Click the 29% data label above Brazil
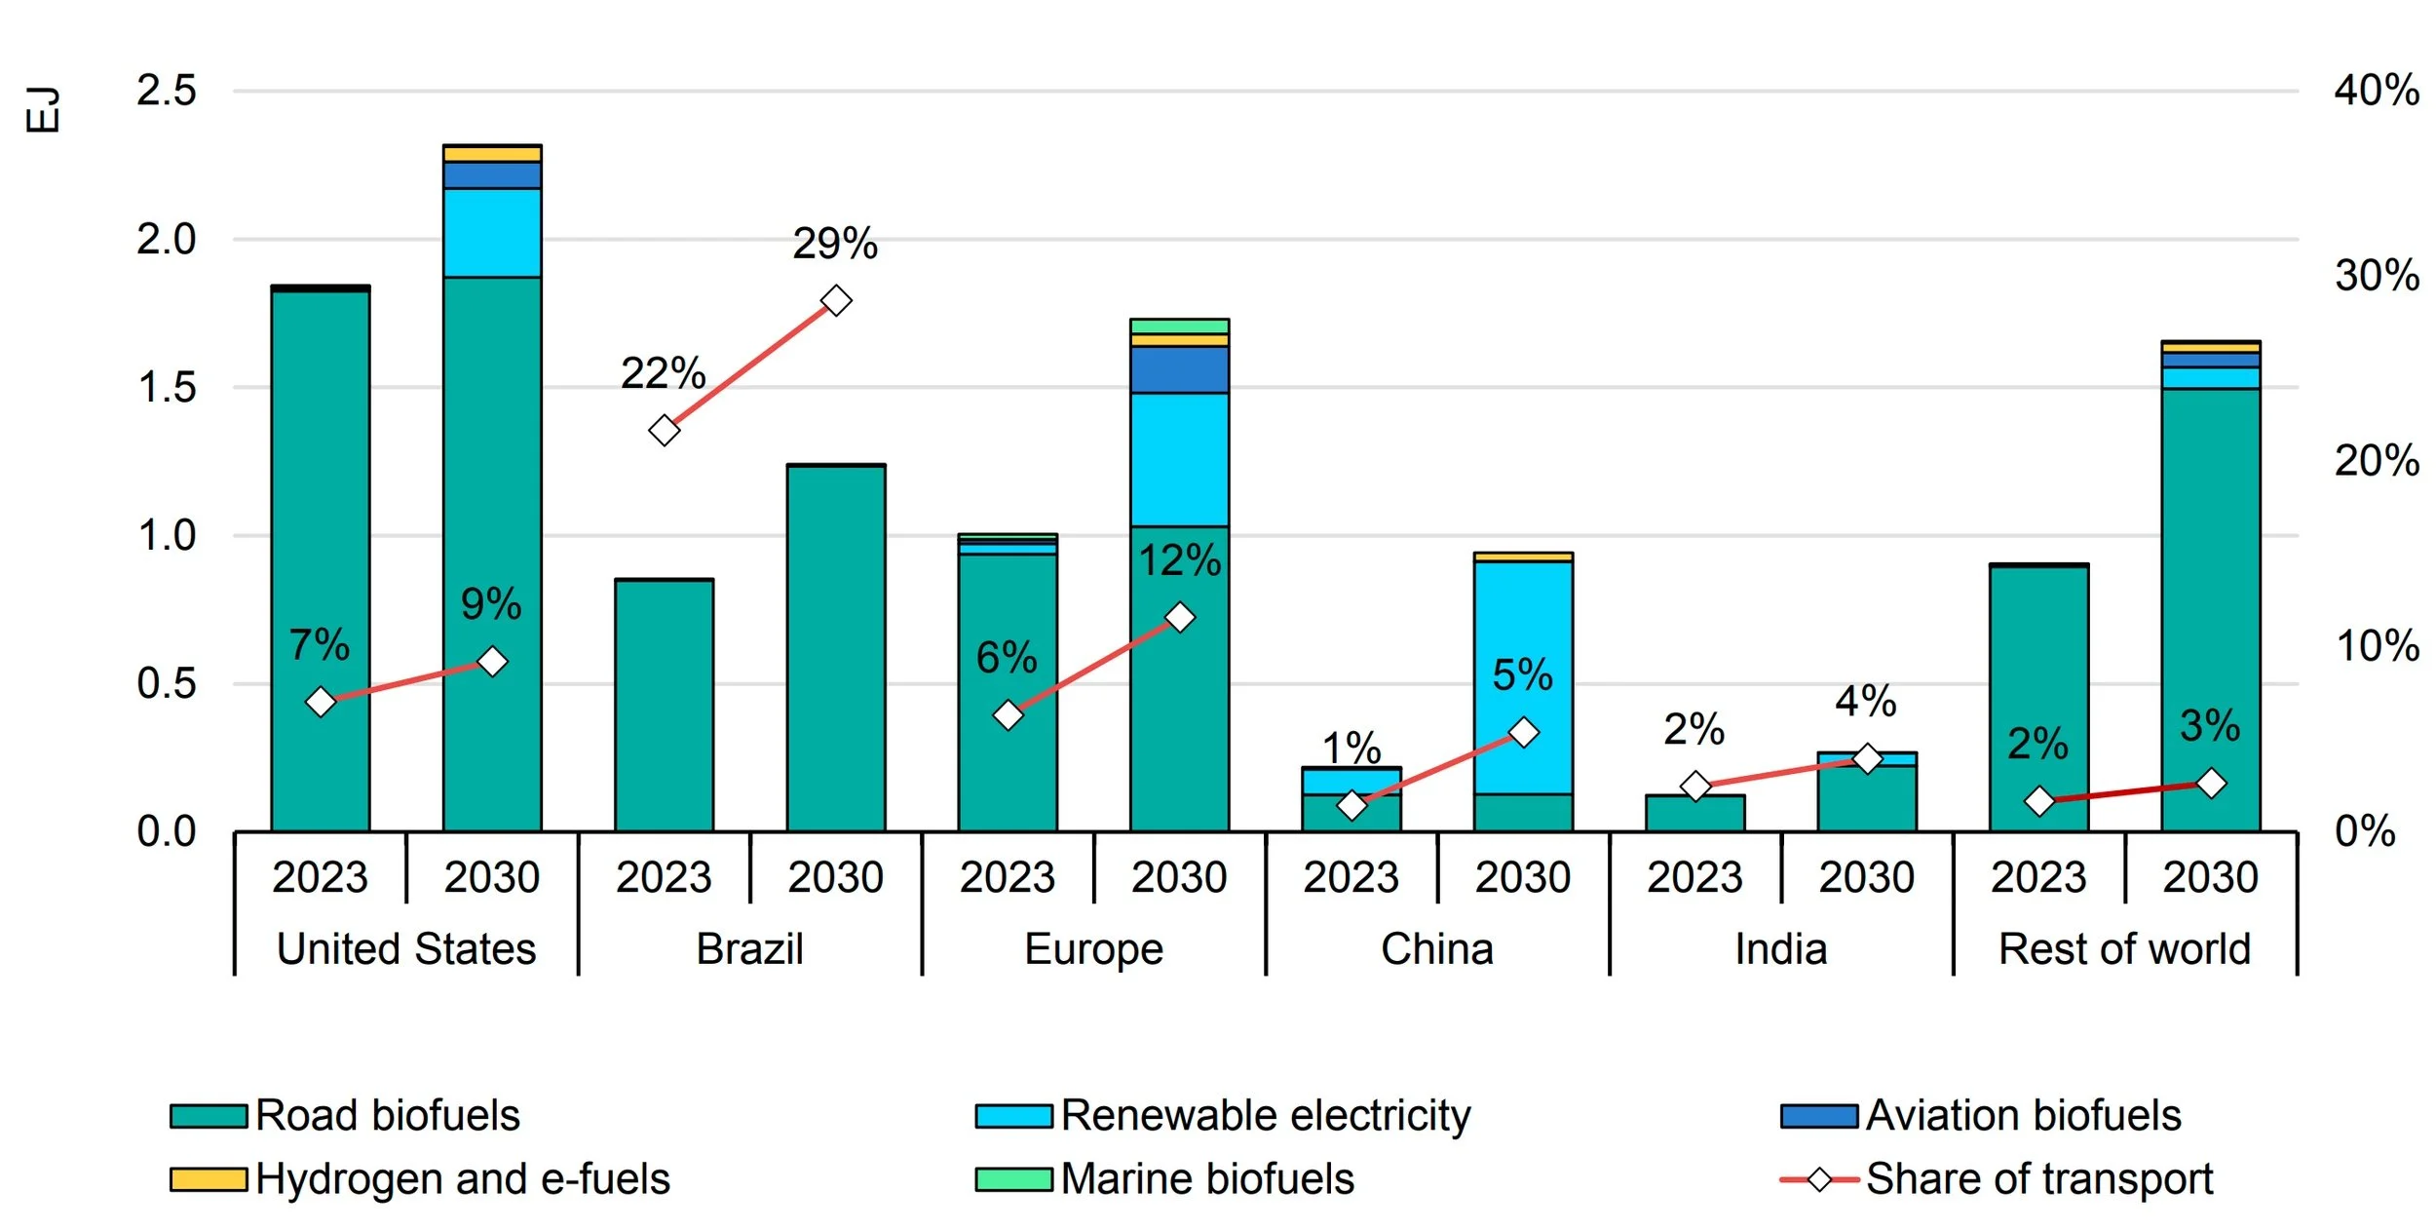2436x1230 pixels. [x=834, y=244]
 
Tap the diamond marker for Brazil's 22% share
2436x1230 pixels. [x=664, y=430]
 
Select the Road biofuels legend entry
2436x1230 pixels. [x=345, y=1116]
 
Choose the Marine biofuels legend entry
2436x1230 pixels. [x=1164, y=1179]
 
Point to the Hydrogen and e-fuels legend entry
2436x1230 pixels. [x=420, y=1179]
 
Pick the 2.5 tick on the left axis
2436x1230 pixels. [x=167, y=91]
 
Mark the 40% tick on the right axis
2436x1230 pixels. [x=2376, y=91]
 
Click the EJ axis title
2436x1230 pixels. [x=43, y=109]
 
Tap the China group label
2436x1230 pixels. [x=1436, y=949]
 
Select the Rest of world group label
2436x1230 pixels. [x=2124, y=949]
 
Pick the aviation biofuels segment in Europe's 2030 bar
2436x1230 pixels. [x=1179, y=369]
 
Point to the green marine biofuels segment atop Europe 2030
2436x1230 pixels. [x=1179, y=326]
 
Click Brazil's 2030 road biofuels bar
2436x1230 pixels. [x=835, y=648]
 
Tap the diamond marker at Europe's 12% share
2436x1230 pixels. [x=1179, y=617]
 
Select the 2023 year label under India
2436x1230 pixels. [x=1694, y=877]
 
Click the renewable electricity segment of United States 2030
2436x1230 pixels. [x=491, y=233]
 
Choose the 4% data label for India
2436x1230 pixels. [x=1865, y=701]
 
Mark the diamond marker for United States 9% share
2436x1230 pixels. [x=492, y=662]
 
